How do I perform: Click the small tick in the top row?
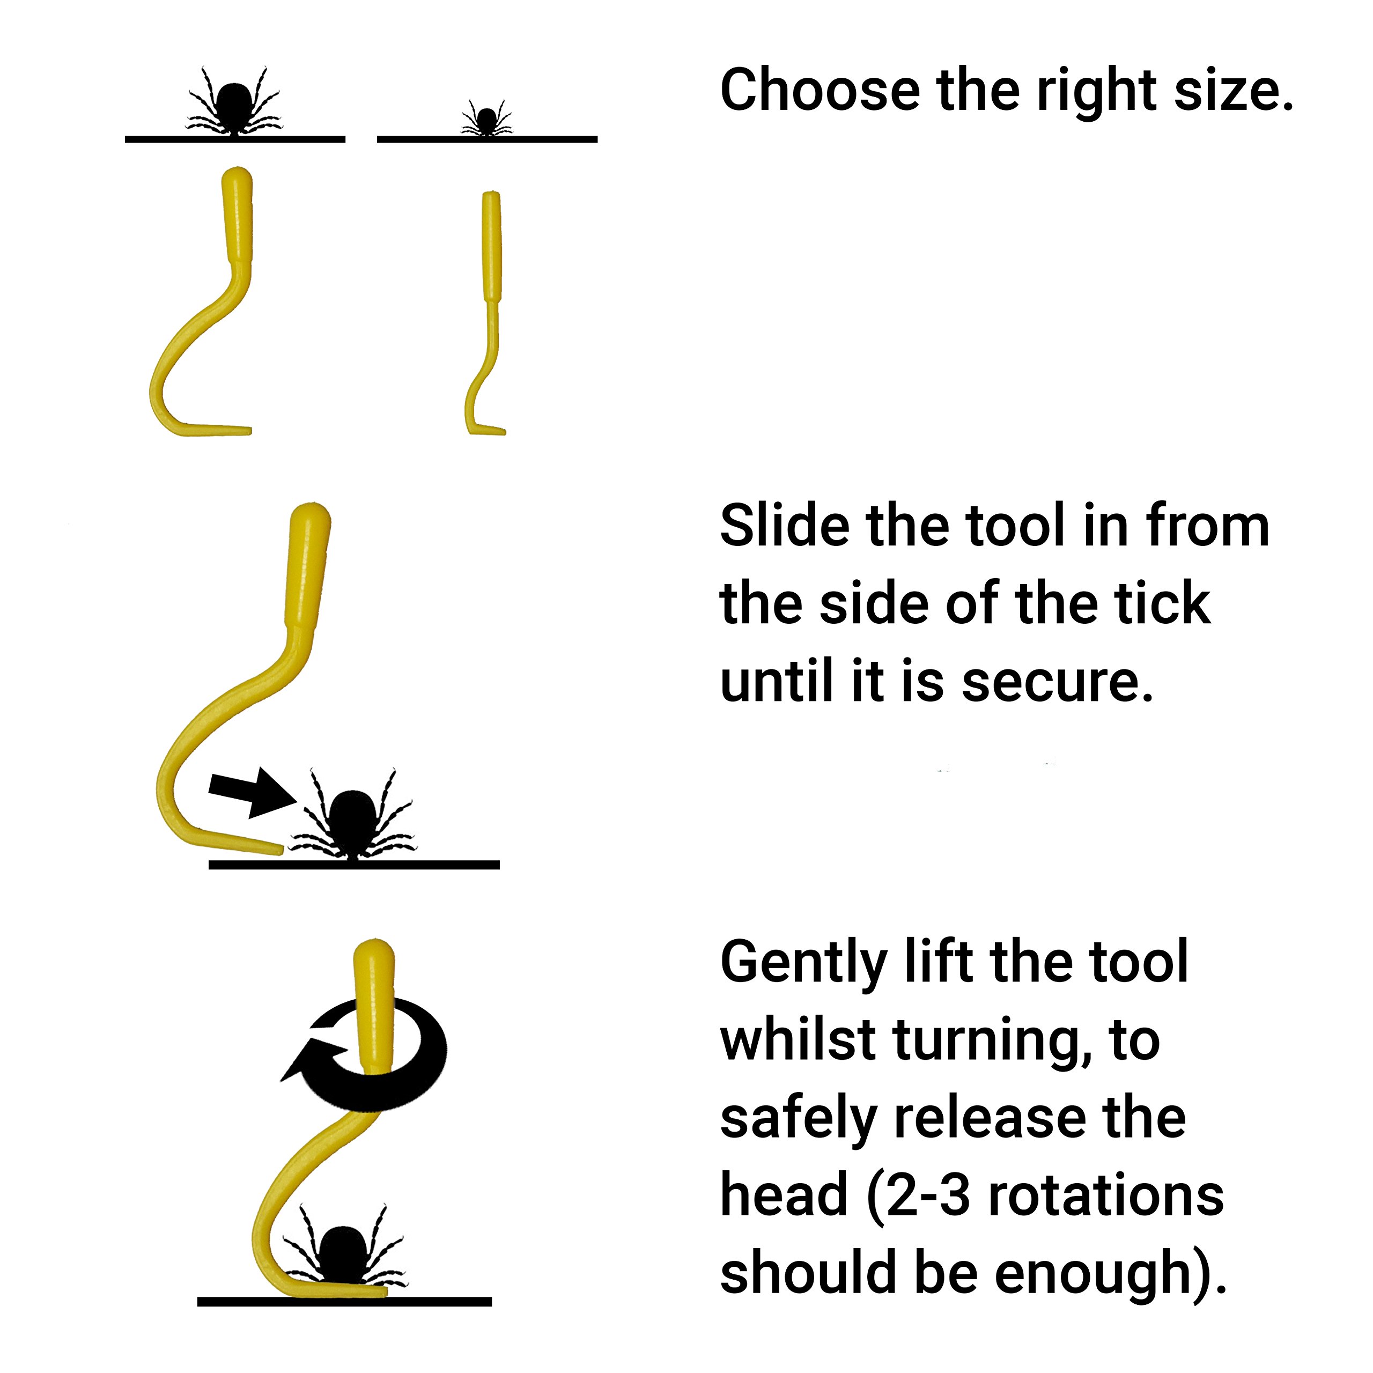487,120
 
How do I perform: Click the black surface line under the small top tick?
487,139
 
